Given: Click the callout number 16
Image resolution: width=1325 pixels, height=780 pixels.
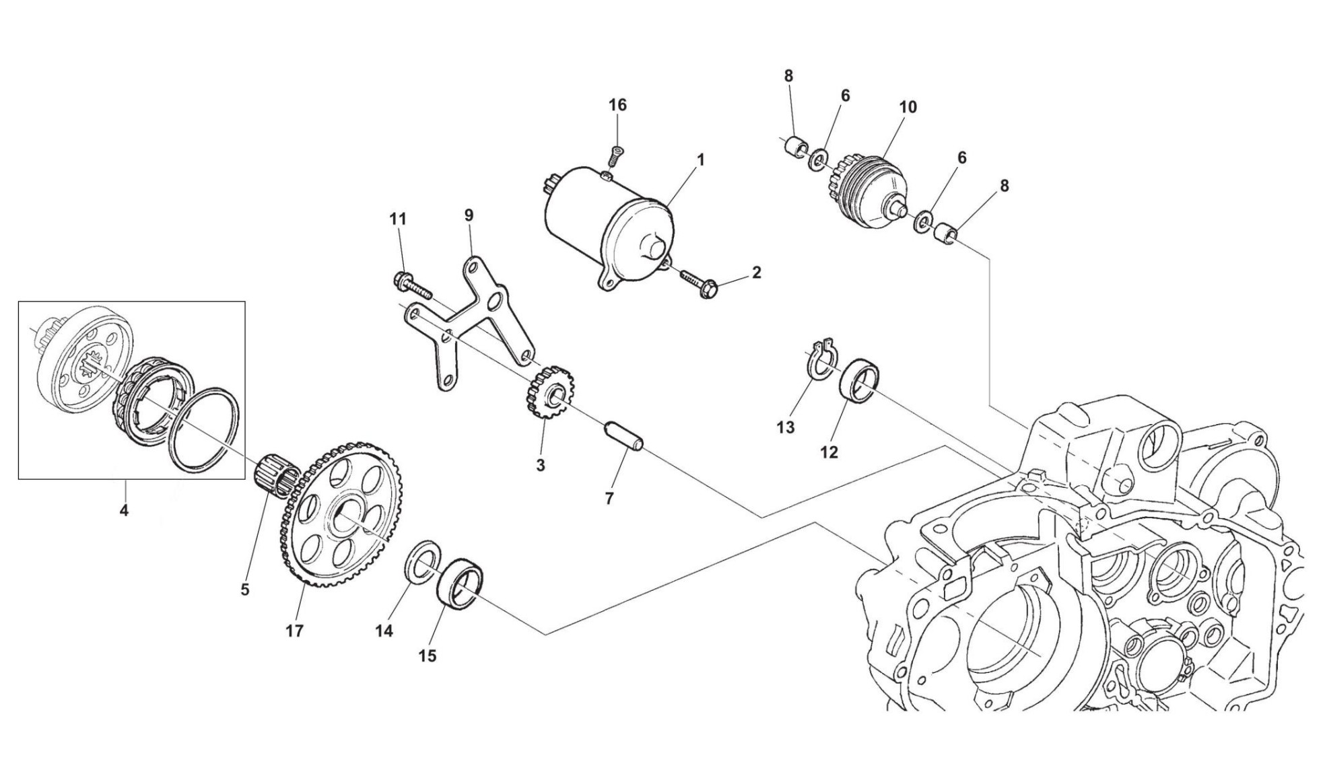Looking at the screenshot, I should tap(617, 105).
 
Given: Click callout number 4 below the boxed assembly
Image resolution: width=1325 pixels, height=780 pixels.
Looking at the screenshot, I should tap(124, 510).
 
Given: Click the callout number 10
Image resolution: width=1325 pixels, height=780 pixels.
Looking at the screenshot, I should tap(908, 107).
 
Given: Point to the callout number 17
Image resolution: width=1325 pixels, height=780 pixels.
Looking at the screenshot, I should tap(294, 631).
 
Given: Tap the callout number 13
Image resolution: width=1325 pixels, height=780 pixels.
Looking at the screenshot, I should tap(786, 427).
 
